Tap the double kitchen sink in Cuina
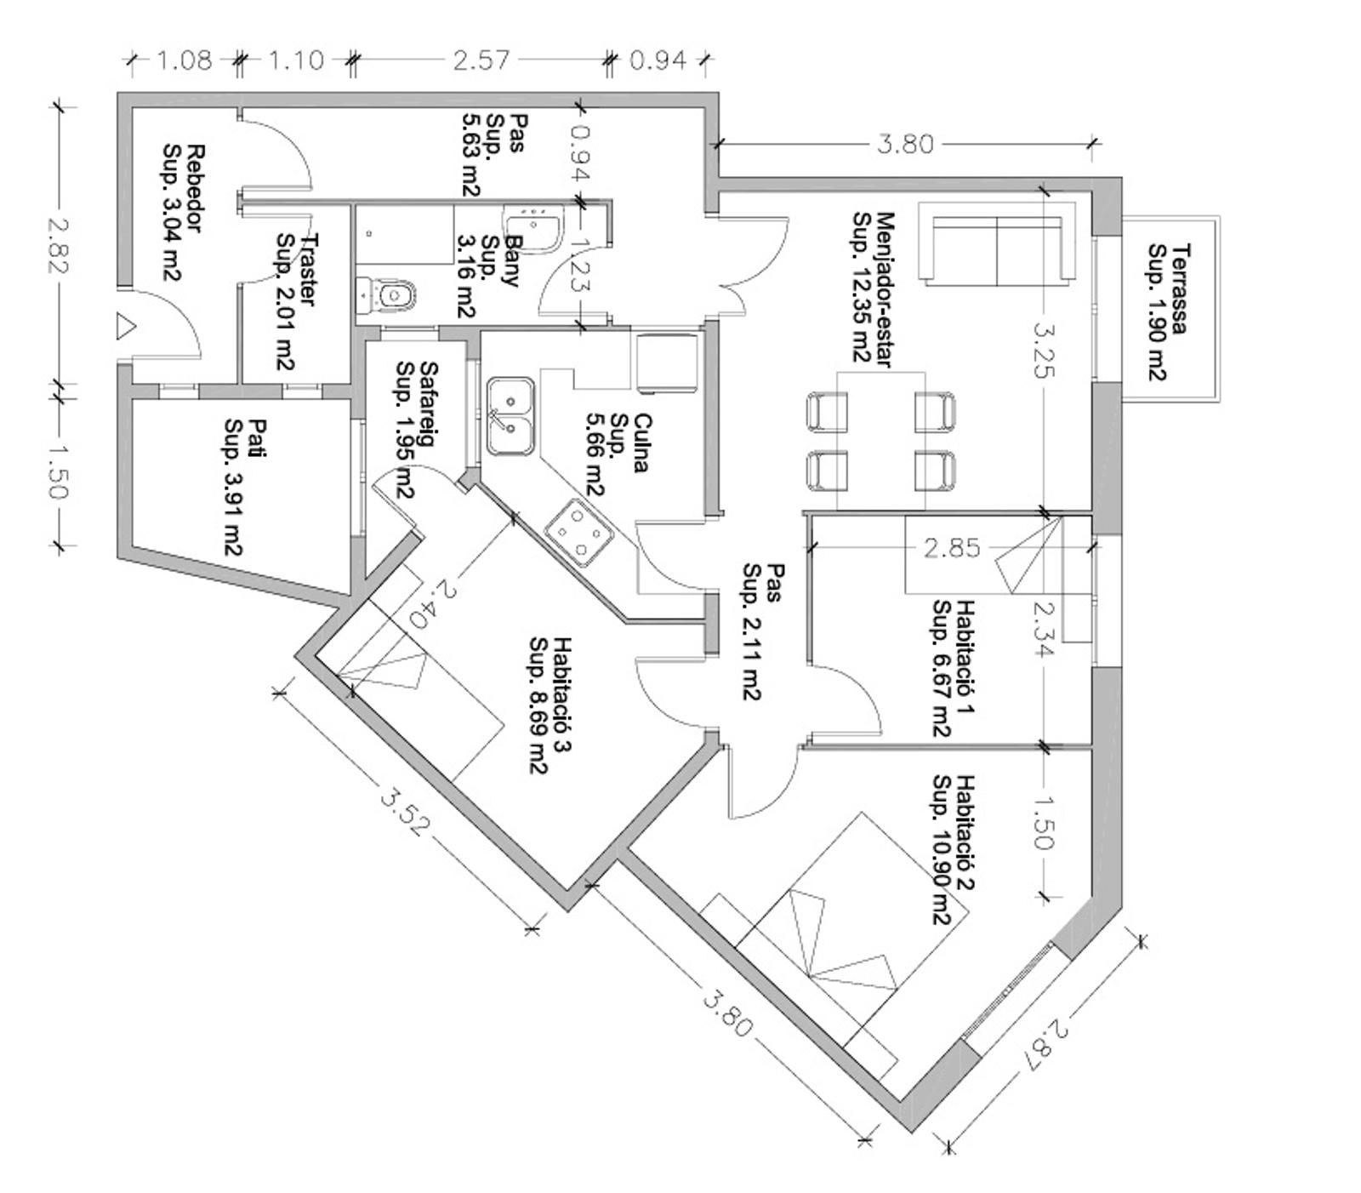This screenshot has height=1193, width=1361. tap(510, 417)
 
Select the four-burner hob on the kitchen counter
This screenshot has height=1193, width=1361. tap(579, 534)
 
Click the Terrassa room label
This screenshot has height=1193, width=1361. tap(1168, 311)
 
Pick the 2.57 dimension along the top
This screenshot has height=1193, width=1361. tap(481, 60)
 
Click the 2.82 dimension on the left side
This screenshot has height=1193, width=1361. tap(57, 246)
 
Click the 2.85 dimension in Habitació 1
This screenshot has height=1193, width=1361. tap(952, 548)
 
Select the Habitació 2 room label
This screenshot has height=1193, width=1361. tap(952, 849)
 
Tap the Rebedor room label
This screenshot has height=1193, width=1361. tap(184, 212)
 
